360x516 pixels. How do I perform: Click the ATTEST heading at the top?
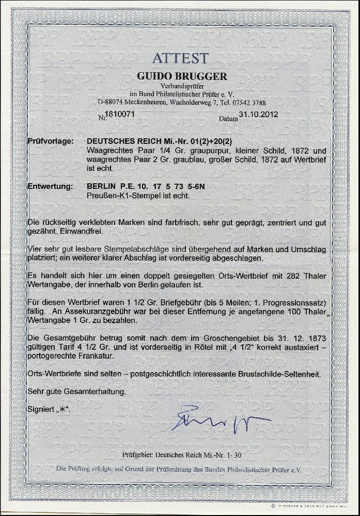[180, 58]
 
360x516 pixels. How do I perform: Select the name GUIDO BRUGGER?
[181, 76]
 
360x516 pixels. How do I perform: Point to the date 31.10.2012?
[260, 115]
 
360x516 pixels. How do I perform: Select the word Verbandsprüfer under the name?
[181, 86]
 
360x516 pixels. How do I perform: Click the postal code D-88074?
[111, 102]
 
